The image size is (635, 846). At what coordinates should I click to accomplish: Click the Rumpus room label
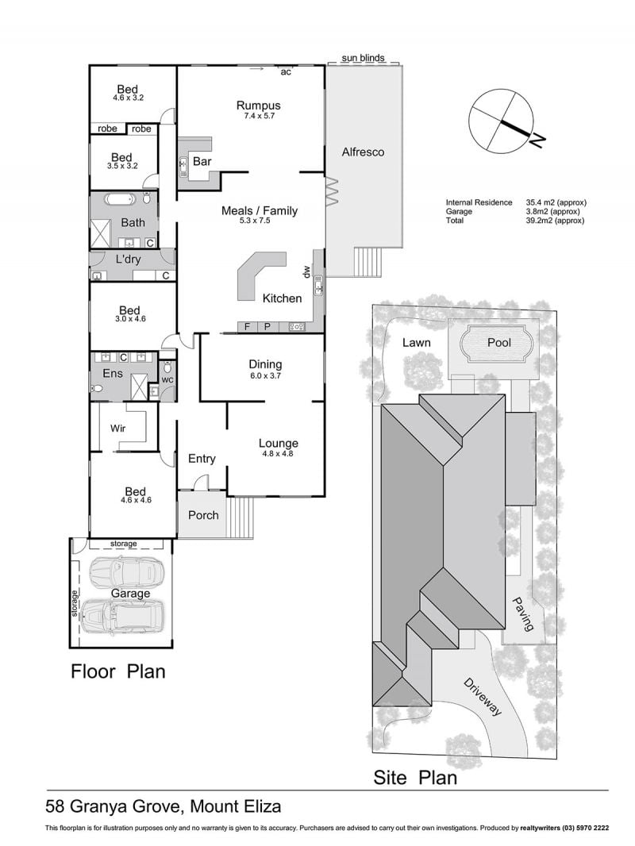tap(259, 106)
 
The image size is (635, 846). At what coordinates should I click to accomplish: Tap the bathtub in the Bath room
tap(119, 200)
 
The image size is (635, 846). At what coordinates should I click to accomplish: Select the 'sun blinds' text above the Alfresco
tap(363, 58)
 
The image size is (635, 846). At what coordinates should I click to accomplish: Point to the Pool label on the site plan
tap(499, 342)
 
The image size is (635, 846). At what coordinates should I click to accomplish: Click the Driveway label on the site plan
tap(483, 697)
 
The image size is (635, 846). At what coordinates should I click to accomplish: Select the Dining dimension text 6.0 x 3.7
tap(265, 376)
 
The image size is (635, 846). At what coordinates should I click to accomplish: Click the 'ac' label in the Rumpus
tap(286, 72)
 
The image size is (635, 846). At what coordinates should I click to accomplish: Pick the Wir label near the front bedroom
tap(117, 429)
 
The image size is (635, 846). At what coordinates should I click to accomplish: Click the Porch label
tap(203, 515)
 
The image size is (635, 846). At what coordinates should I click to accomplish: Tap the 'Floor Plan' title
tap(118, 671)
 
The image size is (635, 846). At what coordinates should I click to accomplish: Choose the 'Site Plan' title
tap(415, 778)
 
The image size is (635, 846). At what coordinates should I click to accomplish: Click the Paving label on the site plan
tap(522, 613)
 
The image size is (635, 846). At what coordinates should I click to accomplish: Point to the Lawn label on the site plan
tap(417, 343)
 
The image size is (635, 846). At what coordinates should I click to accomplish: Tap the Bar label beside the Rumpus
tap(202, 161)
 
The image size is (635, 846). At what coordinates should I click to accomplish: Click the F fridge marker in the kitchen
tap(248, 326)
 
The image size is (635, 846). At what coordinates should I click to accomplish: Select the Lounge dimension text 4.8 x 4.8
tap(279, 454)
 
